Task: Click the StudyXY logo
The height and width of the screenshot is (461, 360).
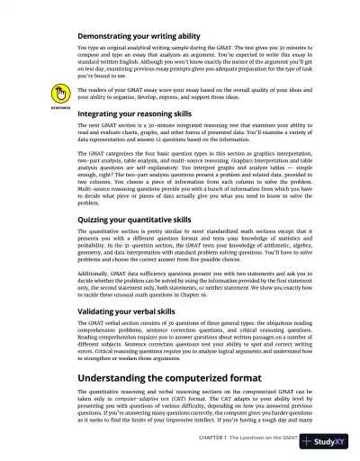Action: coord(328,442)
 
